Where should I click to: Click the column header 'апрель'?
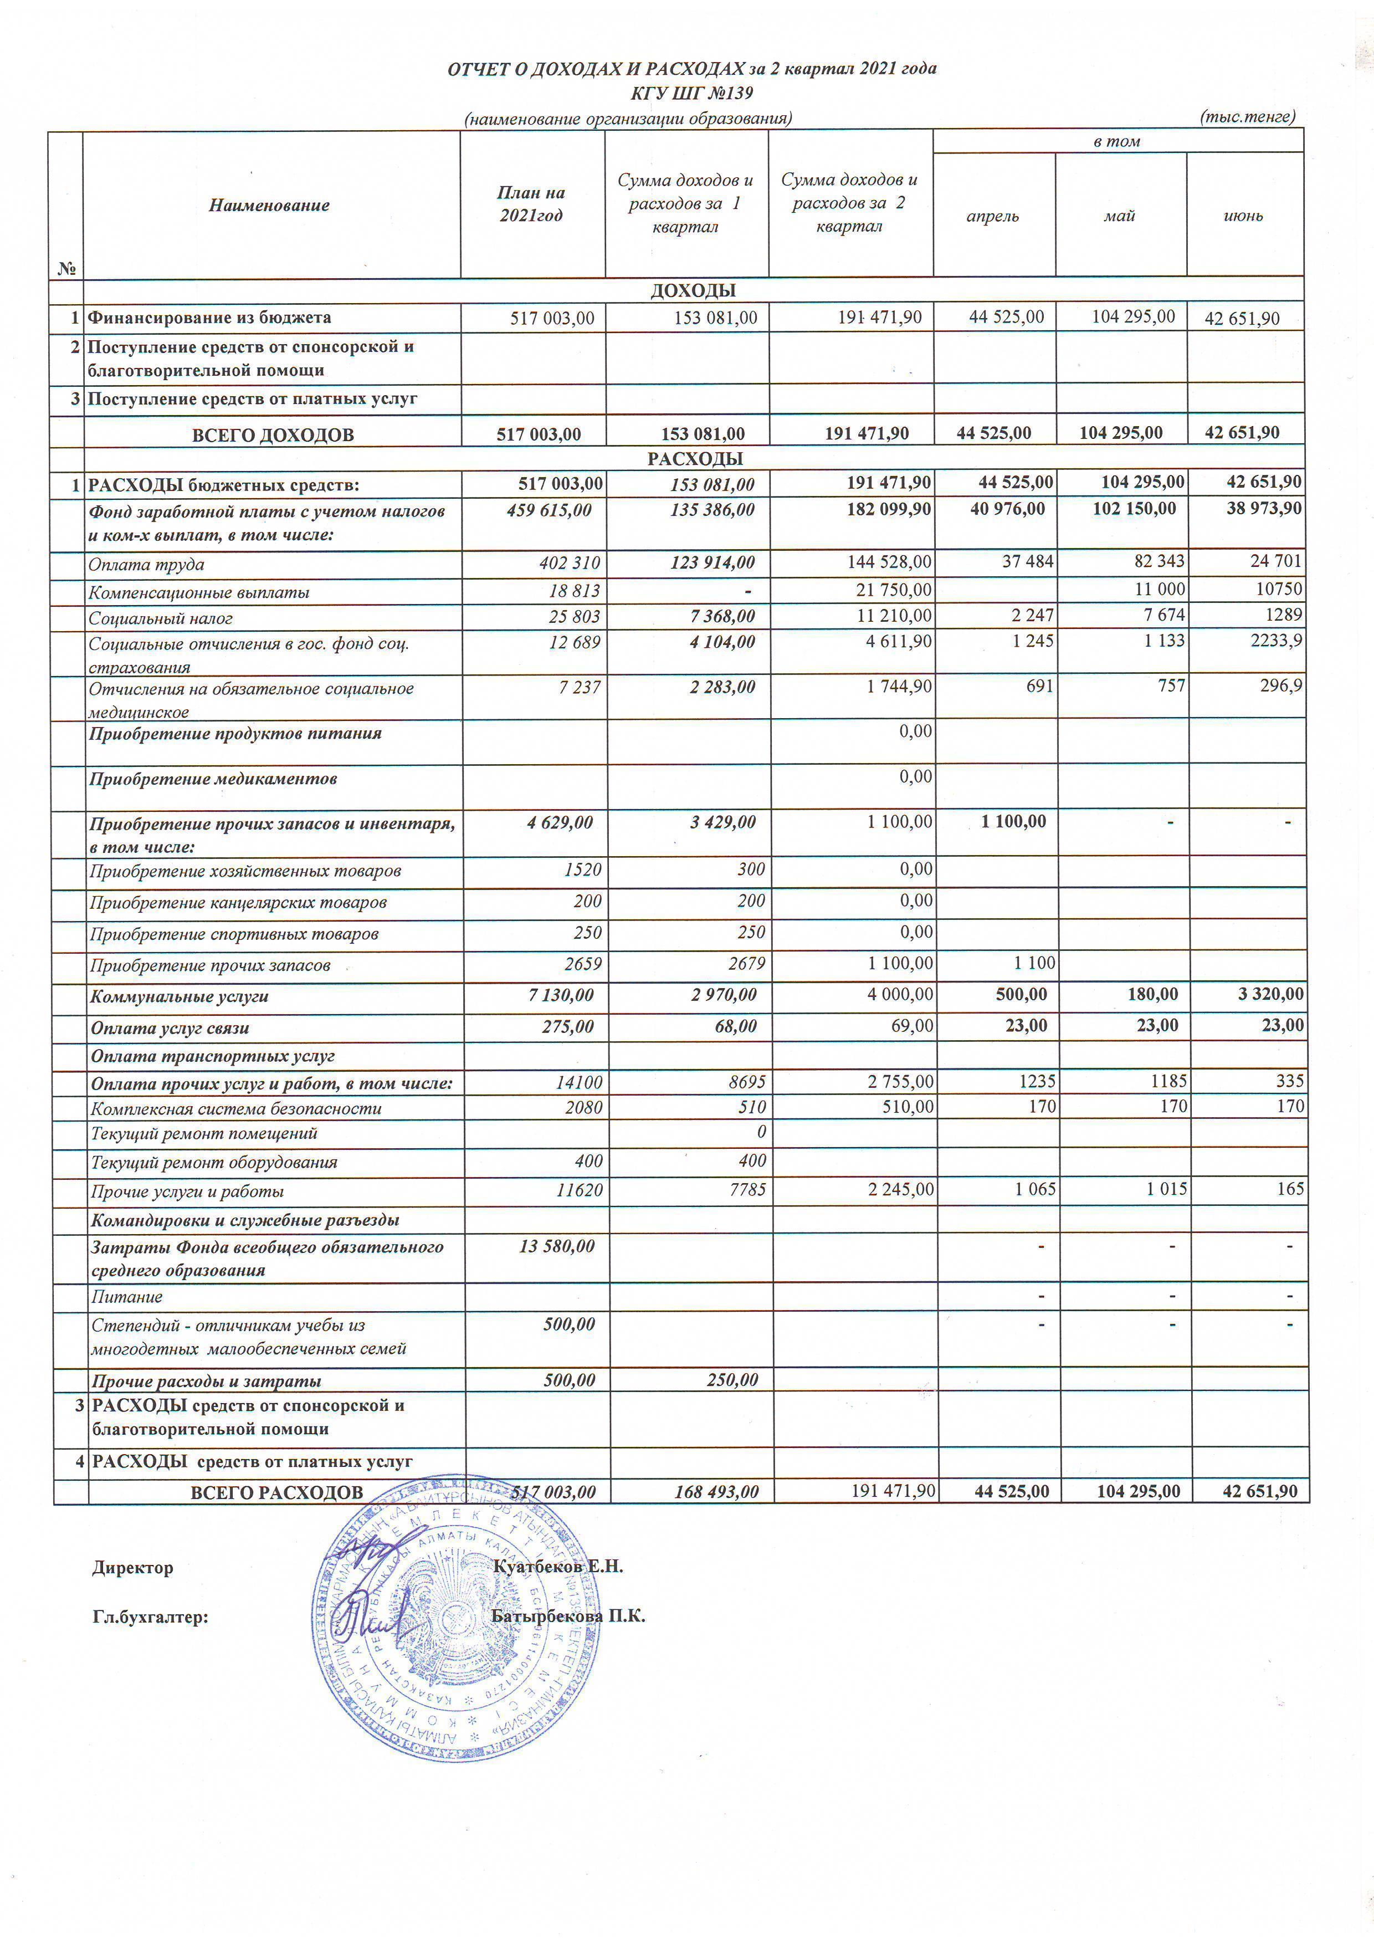(x=992, y=216)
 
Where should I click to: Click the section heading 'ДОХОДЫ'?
(x=693, y=290)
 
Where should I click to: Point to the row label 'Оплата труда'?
(x=146, y=565)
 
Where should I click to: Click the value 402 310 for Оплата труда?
(x=569, y=563)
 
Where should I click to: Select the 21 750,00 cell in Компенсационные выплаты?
(x=894, y=590)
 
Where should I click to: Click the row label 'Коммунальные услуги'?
(x=180, y=996)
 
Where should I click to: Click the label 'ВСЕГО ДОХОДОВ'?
(x=273, y=435)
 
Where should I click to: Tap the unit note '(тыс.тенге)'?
(x=1248, y=117)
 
